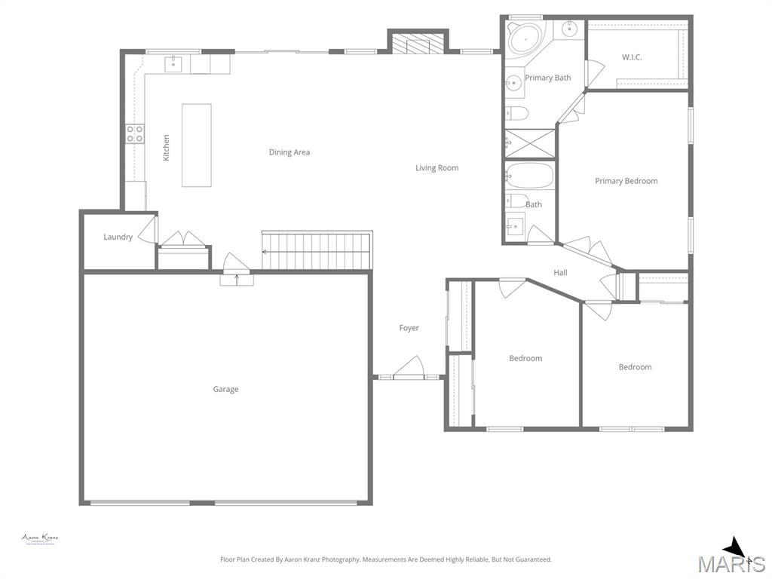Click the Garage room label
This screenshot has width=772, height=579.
225,389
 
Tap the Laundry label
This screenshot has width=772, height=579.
118,237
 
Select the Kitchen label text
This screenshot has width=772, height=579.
167,147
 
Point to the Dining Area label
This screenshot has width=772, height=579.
289,152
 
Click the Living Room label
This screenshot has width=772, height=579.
437,168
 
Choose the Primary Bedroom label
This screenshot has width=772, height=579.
626,181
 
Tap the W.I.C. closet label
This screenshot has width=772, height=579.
632,57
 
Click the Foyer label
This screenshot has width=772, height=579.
409,328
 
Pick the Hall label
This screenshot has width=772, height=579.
560,273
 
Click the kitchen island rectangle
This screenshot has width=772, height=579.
197,145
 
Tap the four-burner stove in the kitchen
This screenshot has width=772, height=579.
135,133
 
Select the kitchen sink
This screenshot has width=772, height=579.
174,63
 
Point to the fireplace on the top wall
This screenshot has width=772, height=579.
418,44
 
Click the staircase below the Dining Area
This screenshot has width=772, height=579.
317,251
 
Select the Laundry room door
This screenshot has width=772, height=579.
148,230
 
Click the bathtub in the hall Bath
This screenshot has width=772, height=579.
529,176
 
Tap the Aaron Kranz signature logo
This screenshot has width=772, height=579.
40,539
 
